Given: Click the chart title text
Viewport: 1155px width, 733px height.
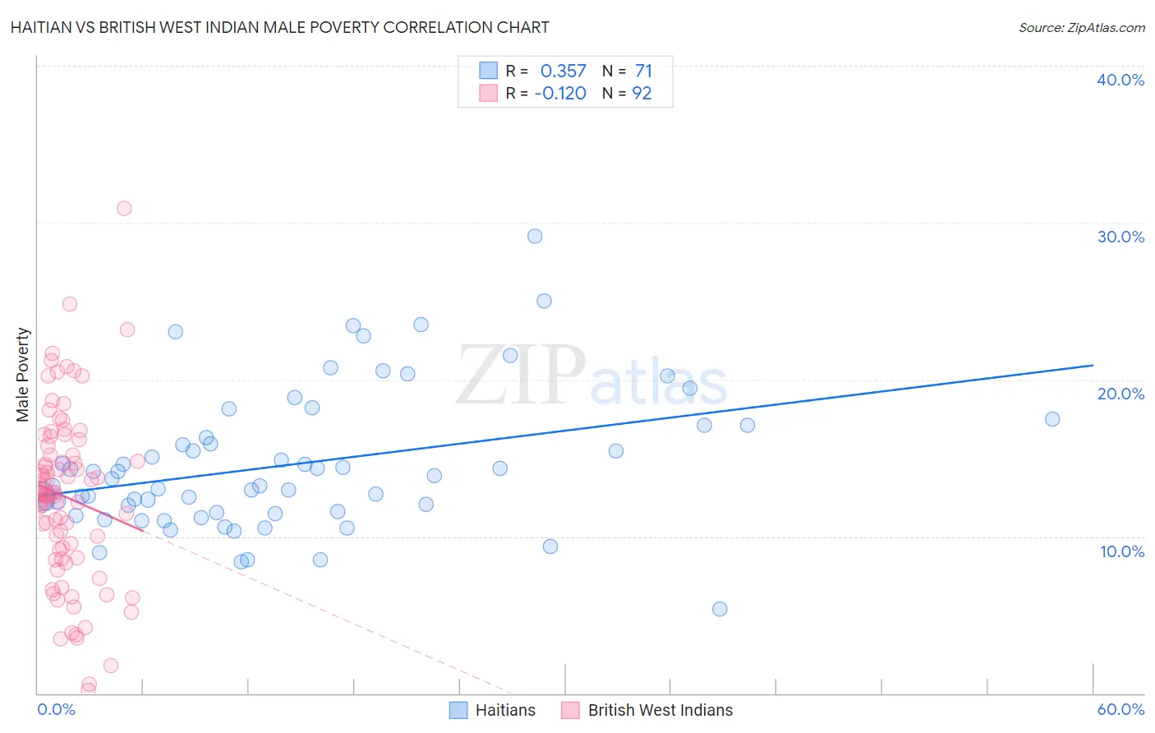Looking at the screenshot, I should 280,27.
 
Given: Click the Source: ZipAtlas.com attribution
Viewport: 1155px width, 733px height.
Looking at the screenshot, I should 1081,27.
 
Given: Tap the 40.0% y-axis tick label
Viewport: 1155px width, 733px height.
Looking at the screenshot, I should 1120,80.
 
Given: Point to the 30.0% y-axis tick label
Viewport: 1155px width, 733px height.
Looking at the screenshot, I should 1120,237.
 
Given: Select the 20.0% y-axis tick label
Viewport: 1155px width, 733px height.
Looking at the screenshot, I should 1120,394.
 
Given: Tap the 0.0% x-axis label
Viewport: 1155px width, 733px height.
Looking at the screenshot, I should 56,709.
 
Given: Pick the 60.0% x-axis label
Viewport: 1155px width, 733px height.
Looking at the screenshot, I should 1120,709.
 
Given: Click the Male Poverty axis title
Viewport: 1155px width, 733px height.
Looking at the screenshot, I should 23,375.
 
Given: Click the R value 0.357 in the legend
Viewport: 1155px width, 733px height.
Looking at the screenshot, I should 563,71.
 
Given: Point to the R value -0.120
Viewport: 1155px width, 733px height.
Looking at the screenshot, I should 560,94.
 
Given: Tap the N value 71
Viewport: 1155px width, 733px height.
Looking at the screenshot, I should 643,71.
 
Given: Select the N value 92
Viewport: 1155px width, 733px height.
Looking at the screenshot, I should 642,94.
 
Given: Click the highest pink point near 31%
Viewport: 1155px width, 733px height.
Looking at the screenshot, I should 124,208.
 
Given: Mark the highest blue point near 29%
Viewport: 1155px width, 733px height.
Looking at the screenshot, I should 535,236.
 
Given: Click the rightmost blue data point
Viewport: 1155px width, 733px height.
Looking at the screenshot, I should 1052,419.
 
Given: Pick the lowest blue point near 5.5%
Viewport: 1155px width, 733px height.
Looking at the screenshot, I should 720,609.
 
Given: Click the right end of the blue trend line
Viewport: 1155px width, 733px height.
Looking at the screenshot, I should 1093,365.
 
